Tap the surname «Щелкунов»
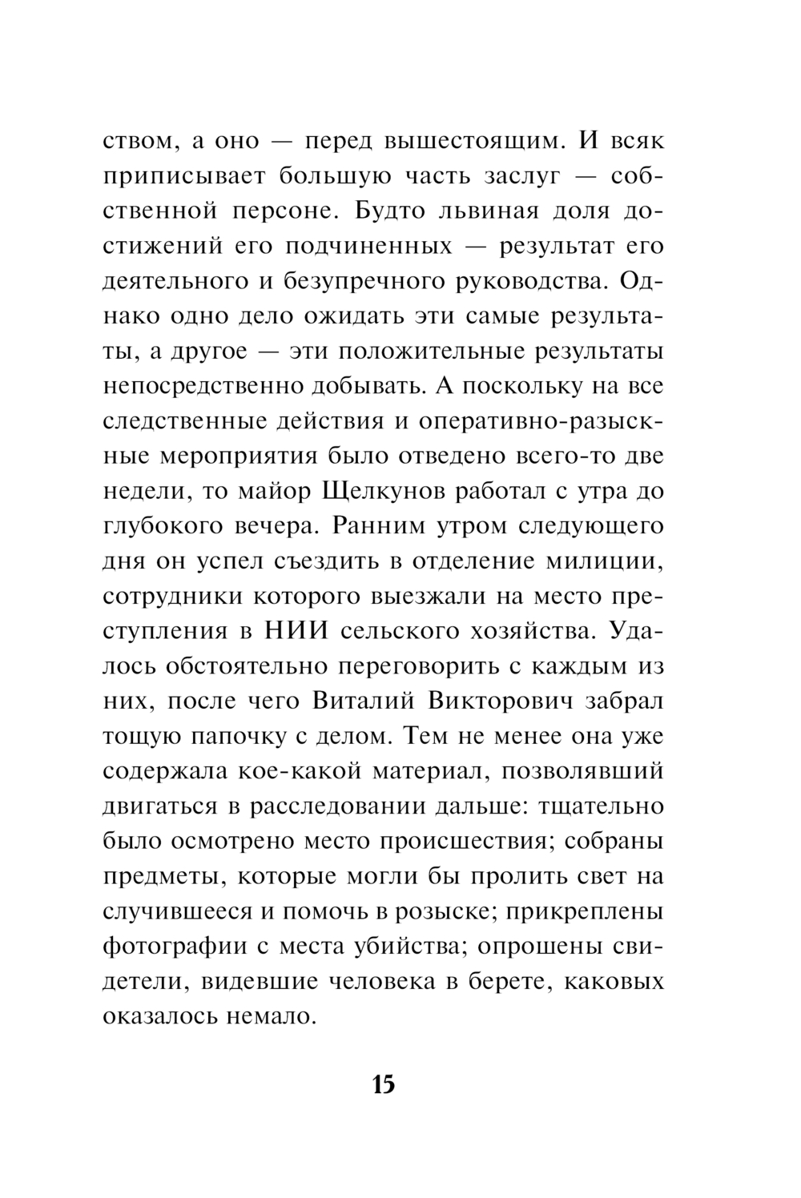(x=376, y=491)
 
